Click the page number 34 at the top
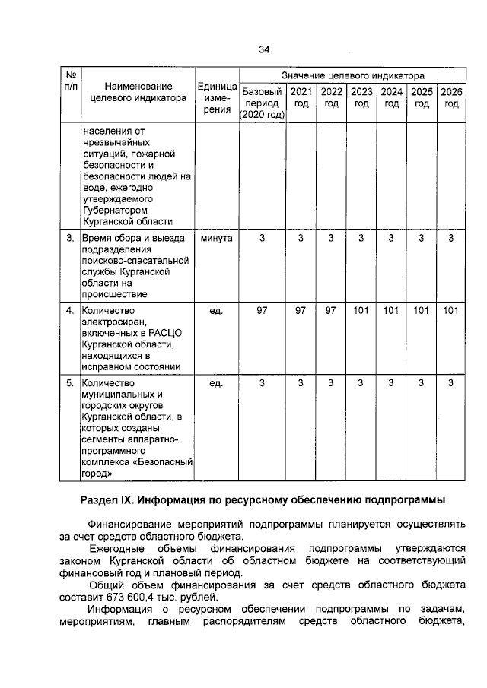click(263, 49)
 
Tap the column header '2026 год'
click(450, 97)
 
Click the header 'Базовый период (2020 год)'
click(262, 103)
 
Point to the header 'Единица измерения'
click(217, 97)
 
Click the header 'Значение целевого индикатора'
click(353, 76)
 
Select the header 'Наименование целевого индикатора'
click(138, 92)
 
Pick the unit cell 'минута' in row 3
click(216, 239)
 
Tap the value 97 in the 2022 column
click(330, 310)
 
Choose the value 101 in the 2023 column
click(361, 310)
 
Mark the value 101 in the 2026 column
click(450, 310)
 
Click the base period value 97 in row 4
click(262, 310)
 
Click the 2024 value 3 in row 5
click(390, 382)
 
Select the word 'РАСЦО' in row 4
click(165, 333)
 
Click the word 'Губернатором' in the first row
click(114, 209)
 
